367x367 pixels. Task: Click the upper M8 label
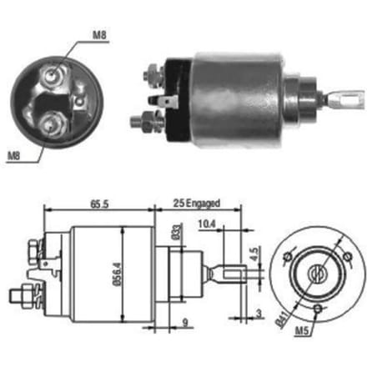(x=99, y=35)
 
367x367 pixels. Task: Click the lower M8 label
(x=13, y=156)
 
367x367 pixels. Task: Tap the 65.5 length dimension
(x=99, y=204)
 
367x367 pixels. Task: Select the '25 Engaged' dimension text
(x=197, y=204)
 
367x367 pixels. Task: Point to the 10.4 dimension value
(x=207, y=224)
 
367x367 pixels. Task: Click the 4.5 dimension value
(x=254, y=254)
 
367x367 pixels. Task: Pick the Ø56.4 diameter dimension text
(x=117, y=274)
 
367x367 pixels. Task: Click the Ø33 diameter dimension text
(x=177, y=232)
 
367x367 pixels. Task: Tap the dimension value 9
(x=185, y=322)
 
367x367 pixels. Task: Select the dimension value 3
(x=259, y=314)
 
